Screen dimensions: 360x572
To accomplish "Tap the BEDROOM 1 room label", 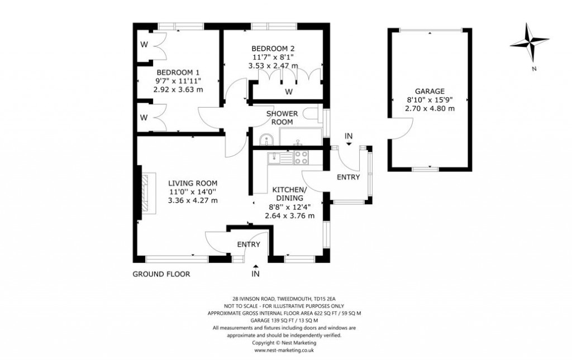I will tap(178, 73).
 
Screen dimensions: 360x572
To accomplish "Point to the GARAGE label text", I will tap(430, 91).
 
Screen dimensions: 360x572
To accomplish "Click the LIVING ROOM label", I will tap(193, 183).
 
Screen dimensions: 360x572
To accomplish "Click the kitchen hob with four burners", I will tap(302, 157).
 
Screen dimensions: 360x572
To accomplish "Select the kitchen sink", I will tap(275, 158).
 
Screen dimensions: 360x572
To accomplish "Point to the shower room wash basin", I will tap(265, 138).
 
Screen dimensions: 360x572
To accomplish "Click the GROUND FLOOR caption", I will tap(161, 274).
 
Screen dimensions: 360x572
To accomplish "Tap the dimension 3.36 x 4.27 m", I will tap(193, 200).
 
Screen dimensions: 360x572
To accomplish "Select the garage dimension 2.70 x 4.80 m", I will tap(430, 108).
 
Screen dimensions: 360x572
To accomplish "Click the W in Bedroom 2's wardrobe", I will tap(289, 91).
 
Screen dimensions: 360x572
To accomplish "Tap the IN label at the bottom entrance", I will tap(255, 274).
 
